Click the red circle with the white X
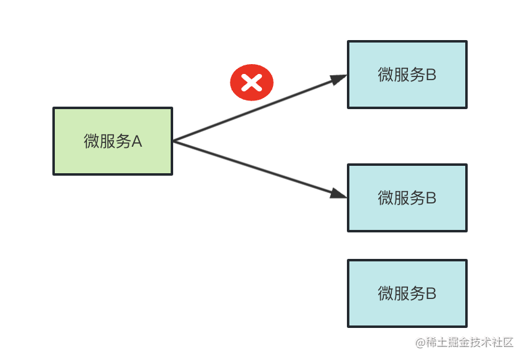251,82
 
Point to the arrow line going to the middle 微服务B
259,170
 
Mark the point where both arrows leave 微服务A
174,142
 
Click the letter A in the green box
137,142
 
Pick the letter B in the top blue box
431,75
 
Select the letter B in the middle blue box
431,198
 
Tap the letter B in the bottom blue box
431,294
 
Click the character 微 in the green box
91,142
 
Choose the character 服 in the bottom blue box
401,294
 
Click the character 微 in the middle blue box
385,198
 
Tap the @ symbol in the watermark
420,342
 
